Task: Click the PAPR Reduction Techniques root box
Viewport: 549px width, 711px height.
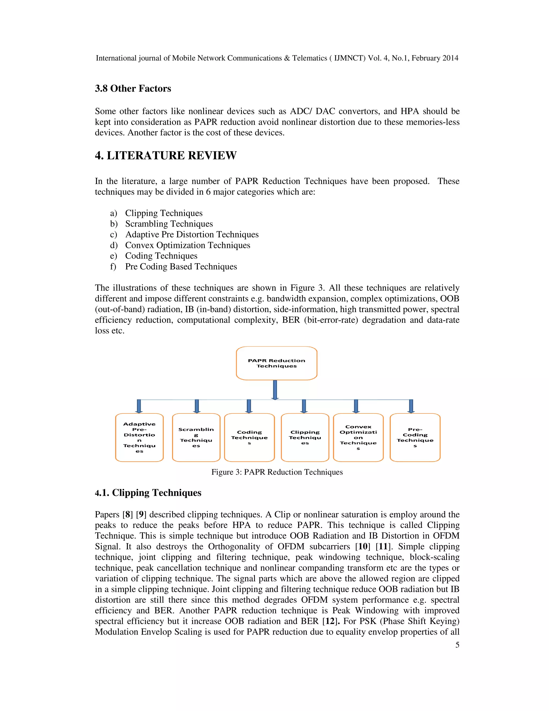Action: click(276, 363)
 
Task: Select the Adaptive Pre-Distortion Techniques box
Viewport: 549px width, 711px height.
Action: click(139, 437)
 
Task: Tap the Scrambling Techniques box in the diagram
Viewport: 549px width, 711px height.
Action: click(196, 437)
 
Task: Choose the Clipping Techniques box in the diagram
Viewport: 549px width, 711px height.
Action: click(305, 437)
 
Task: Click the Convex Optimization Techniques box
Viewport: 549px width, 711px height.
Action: click(358, 437)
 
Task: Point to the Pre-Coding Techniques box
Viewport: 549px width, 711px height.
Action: click(415, 437)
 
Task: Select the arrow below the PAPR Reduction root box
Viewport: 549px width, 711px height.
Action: click(275, 390)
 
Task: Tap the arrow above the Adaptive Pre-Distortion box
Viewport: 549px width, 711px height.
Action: click(139, 406)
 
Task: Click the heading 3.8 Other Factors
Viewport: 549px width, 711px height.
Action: click(133, 89)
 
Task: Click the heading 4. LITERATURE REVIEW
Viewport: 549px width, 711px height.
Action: click(166, 156)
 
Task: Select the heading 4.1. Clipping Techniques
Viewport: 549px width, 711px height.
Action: click(148, 493)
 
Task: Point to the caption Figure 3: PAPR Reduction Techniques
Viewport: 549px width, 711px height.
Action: click(277, 472)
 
